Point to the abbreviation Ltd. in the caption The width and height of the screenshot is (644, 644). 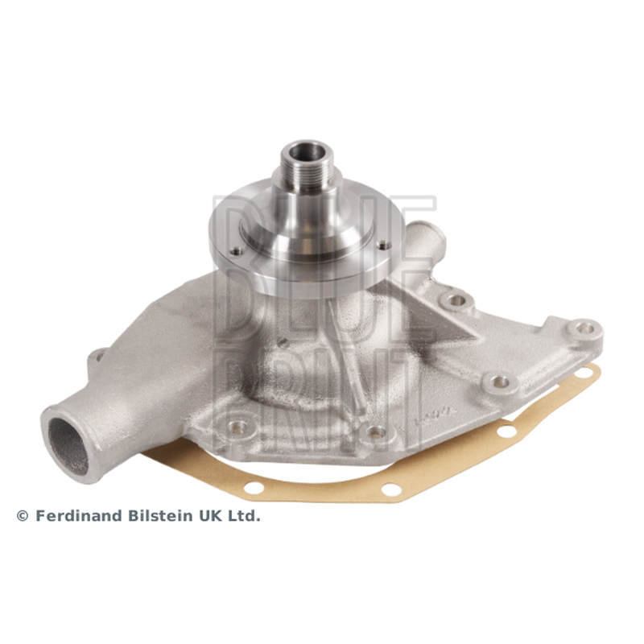244,516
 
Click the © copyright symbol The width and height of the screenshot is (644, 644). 23,516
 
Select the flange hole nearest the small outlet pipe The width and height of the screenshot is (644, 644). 385,246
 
